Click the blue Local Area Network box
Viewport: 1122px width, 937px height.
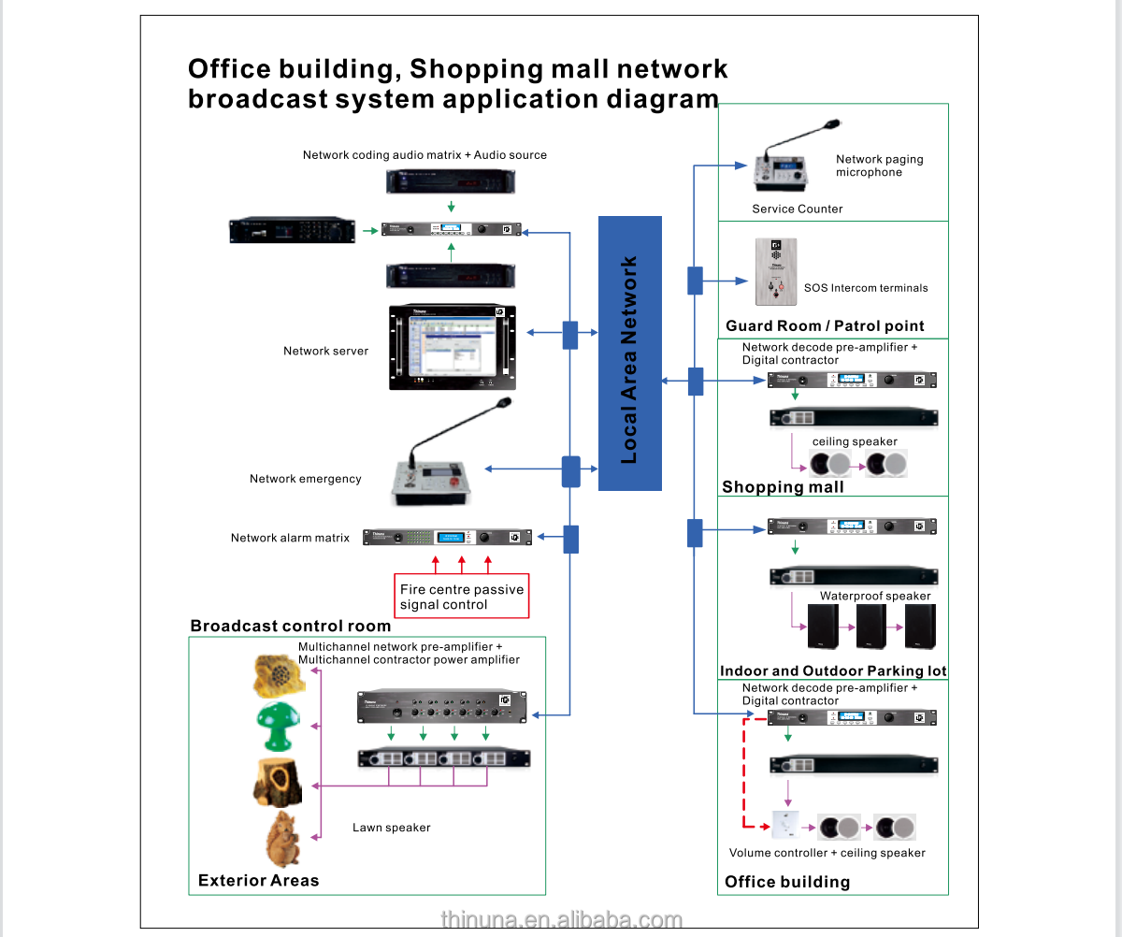[x=629, y=353]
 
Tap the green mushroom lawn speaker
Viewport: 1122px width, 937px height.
[x=279, y=728]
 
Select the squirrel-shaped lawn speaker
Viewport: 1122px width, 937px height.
[x=280, y=839]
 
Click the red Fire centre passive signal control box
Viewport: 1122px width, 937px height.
[x=462, y=597]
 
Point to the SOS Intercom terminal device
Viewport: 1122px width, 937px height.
[x=775, y=272]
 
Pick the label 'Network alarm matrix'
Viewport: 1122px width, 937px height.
[x=290, y=538]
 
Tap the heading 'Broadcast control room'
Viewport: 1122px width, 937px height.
[x=290, y=626]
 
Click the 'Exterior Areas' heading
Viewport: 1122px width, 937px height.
[x=258, y=880]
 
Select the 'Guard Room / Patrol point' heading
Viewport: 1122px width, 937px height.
[x=825, y=325]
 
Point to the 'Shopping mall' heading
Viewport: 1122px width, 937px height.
[x=783, y=486]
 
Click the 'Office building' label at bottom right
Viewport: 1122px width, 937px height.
[x=787, y=882]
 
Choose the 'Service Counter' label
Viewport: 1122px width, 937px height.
[x=797, y=209]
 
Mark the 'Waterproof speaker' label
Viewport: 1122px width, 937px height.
[x=875, y=596]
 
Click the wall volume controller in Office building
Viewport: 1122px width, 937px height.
[x=786, y=827]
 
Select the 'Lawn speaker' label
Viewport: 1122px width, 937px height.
[x=392, y=828]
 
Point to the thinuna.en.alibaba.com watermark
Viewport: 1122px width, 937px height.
[x=561, y=920]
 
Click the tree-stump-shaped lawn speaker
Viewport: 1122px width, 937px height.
[x=278, y=782]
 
